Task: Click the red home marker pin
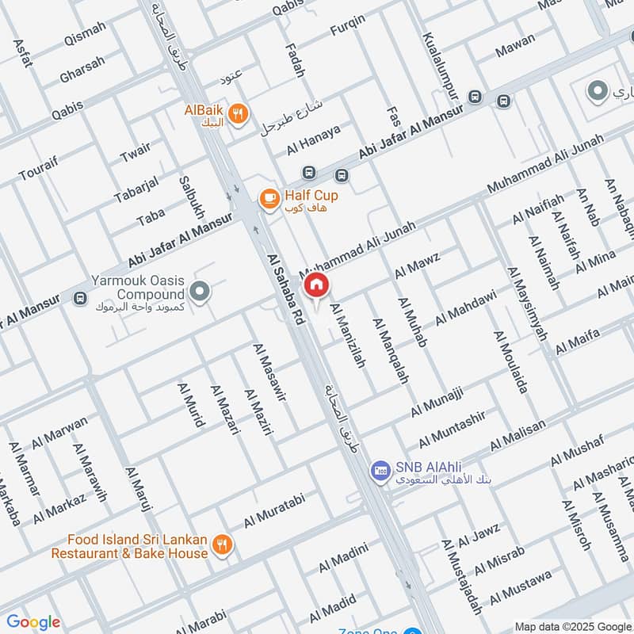[x=317, y=285]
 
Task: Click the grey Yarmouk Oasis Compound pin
[x=201, y=292]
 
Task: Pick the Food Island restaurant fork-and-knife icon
[x=223, y=545]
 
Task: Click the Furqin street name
[x=348, y=30]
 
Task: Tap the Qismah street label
[x=83, y=40]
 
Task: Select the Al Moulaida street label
[x=511, y=361]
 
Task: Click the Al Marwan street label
[x=59, y=433]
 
